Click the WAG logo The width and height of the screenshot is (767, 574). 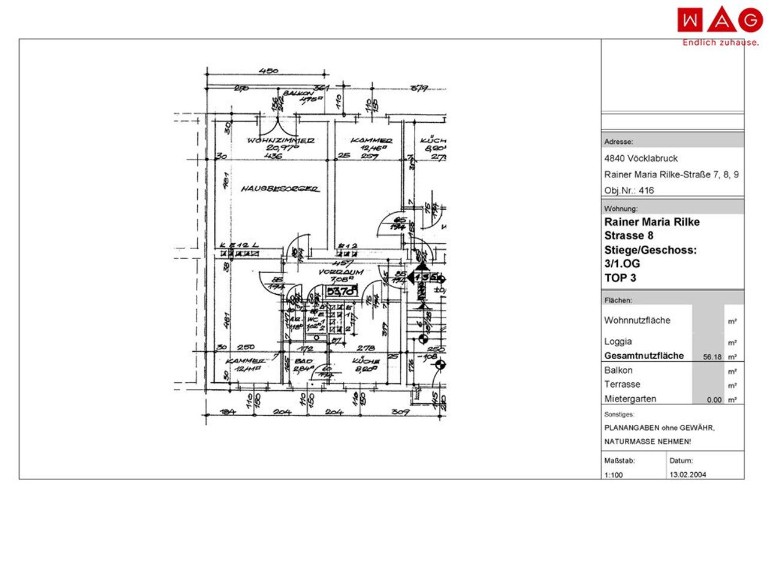(x=720, y=20)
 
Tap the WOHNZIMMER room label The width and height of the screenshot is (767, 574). (x=281, y=141)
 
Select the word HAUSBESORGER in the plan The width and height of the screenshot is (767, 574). (x=279, y=189)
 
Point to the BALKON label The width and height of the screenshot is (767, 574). (x=298, y=93)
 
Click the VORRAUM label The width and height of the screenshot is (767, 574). (x=341, y=272)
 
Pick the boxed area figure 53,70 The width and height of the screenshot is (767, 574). (x=341, y=292)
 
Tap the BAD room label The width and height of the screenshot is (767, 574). (x=303, y=361)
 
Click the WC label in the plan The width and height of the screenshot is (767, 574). (x=312, y=319)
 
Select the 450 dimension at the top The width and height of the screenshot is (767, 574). (x=268, y=71)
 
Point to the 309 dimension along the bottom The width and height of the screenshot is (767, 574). (x=400, y=412)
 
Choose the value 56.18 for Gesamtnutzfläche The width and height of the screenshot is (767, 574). (x=712, y=357)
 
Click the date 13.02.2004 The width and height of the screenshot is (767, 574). (x=687, y=474)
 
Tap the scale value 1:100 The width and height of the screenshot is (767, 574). (x=614, y=475)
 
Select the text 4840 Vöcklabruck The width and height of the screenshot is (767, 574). (x=641, y=158)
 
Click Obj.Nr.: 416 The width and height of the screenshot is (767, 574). (x=629, y=191)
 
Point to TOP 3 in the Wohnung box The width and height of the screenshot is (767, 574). (x=620, y=277)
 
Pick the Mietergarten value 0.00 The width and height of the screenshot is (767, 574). (x=714, y=400)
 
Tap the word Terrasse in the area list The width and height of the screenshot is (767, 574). (x=622, y=384)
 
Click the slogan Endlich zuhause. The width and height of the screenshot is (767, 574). (x=720, y=43)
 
